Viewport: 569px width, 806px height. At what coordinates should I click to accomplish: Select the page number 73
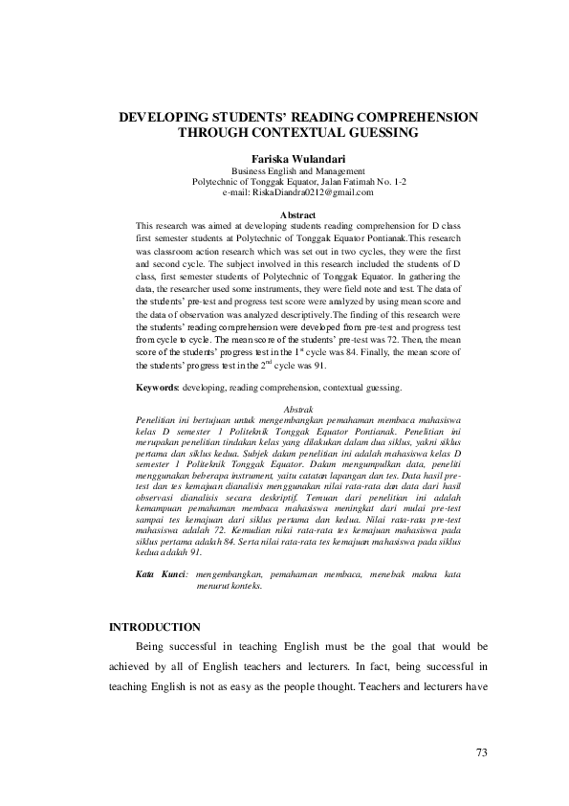click(x=482, y=752)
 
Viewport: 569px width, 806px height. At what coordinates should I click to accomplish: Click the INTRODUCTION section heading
click(x=155, y=627)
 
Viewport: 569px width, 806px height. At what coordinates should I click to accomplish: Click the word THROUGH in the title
click(x=211, y=132)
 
